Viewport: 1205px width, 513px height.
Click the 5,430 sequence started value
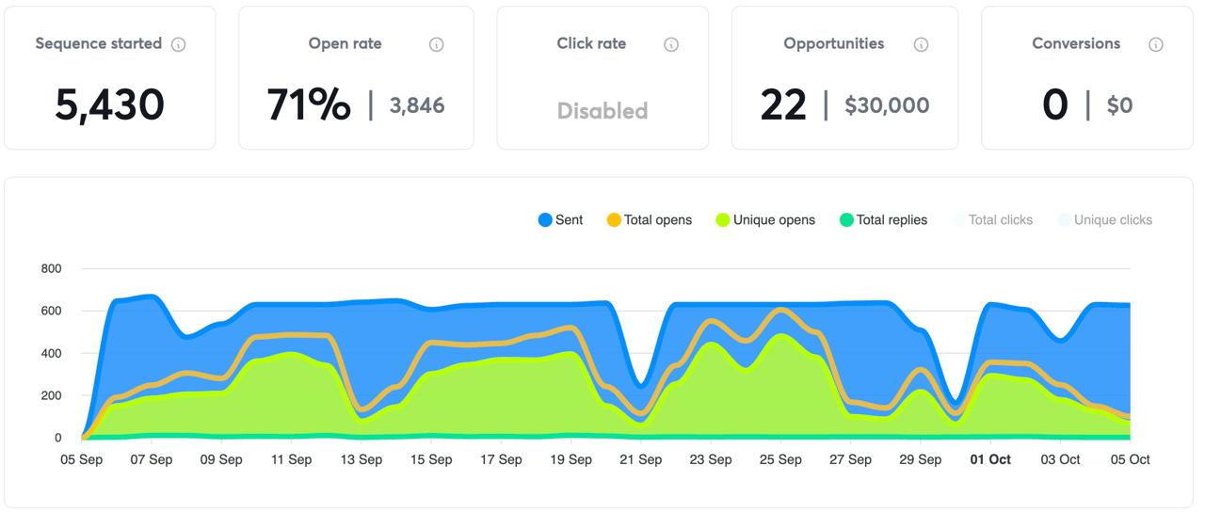click(109, 104)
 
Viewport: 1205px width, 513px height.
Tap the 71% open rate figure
click(308, 104)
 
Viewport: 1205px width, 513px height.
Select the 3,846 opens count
click(417, 105)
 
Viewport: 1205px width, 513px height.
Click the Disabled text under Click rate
click(602, 111)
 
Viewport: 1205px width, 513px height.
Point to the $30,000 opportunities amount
click(887, 105)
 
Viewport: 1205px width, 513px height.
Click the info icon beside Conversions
click(1156, 44)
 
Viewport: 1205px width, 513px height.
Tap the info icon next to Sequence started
click(178, 44)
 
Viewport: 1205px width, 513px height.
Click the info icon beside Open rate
click(436, 44)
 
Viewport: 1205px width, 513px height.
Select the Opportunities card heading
click(833, 43)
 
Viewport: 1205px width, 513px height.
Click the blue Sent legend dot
click(545, 220)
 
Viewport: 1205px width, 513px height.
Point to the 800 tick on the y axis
click(51, 269)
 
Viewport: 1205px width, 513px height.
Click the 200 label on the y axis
click(51, 396)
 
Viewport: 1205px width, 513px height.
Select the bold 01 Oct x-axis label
click(990, 460)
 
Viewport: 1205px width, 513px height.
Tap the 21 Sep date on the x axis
click(640, 460)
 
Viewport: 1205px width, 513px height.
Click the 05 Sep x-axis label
click(82, 460)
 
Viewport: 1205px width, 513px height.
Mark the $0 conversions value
click(1119, 105)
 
